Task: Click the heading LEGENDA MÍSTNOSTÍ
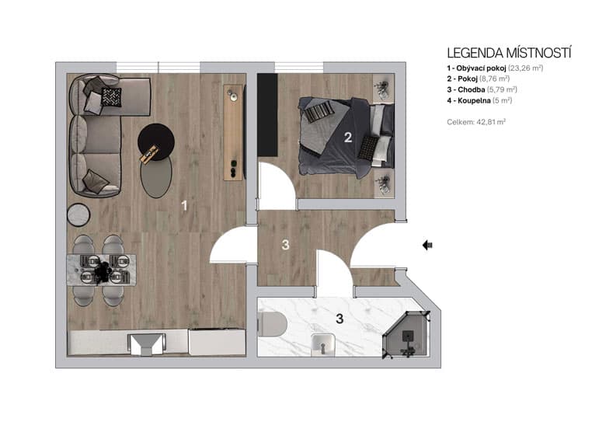509,53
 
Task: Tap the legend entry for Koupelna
479,100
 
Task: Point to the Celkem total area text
476,122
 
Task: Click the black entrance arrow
427,246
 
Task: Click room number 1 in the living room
184,206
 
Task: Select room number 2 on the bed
348,138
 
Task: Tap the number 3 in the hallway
285,246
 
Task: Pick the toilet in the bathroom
270,324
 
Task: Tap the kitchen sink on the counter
147,342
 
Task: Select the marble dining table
102,269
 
